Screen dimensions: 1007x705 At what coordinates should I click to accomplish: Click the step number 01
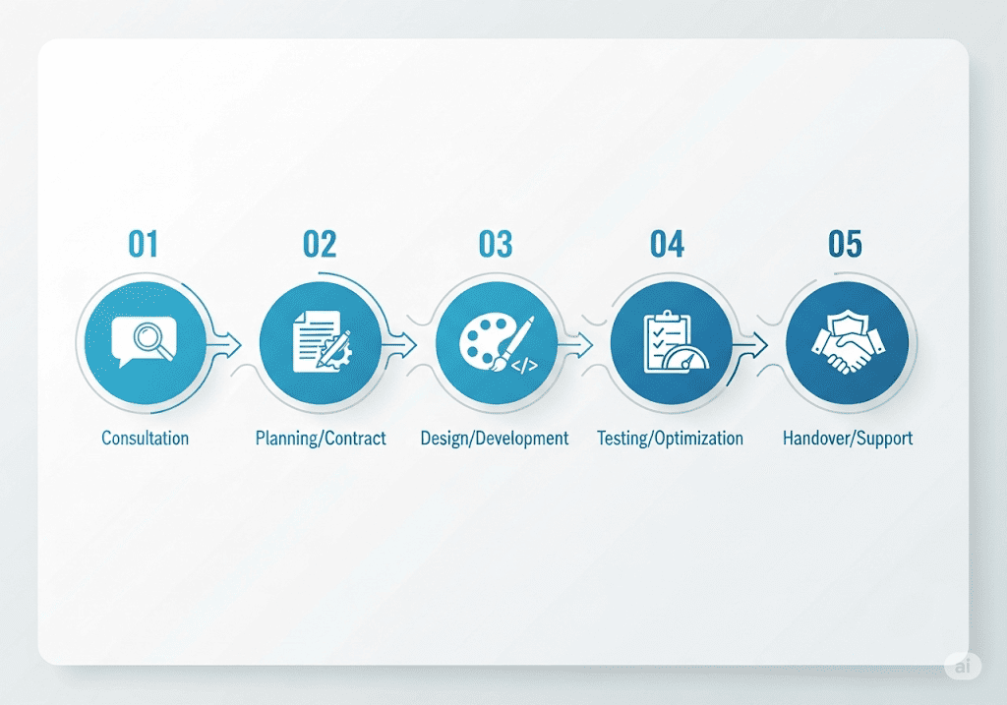click(143, 244)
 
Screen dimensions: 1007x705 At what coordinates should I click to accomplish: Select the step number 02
click(320, 244)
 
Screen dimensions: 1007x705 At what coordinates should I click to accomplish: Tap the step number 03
click(496, 244)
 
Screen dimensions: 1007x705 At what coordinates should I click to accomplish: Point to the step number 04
click(668, 244)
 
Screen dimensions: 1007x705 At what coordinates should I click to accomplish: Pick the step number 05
click(845, 244)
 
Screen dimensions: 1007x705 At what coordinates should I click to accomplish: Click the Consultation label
click(146, 438)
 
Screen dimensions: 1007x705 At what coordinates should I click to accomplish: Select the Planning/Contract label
click(321, 438)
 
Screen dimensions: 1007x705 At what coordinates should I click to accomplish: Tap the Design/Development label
click(495, 439)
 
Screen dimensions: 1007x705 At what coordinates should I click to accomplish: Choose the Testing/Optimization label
click(670, 439)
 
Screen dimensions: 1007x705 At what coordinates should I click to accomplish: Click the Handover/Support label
click(847, 439)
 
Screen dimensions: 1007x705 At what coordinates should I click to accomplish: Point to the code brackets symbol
click(525, 366)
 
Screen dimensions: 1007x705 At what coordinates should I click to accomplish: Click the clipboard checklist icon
click(667, 340)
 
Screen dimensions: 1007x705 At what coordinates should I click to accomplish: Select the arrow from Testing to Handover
click(750, 345)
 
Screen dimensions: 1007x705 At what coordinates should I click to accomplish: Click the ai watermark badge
click(963, 666)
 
